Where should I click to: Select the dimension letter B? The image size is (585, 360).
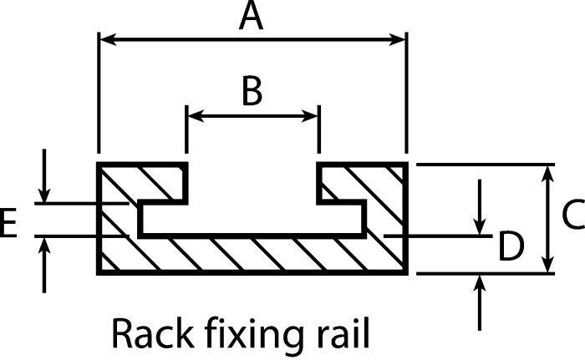pyautogui.click(x=252, y=91)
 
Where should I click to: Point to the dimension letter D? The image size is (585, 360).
pyautogui.click(x=511, y=246)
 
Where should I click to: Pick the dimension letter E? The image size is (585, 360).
pyautogui.click(x=8, y=223)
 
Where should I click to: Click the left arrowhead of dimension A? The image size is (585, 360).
pyautogui.click(x=108, y=39)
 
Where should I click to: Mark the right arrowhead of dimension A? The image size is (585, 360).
pyautogui.click(x=397, y=39)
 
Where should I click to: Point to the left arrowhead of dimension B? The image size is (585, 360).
pyautogui.click(x=196, y=116)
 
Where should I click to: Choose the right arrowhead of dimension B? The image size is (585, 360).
pyautogui.click(x=309, y=116)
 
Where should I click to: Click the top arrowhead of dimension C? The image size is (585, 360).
pyautogui.click(x=547, y=174)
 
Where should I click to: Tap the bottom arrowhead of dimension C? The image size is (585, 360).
pyautogui.click(x=547, y=264)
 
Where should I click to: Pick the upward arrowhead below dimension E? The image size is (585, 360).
pyautogui.click(x=44, y=246)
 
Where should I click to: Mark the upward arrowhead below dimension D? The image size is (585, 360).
pyautogui.click(x=480, y=283)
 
